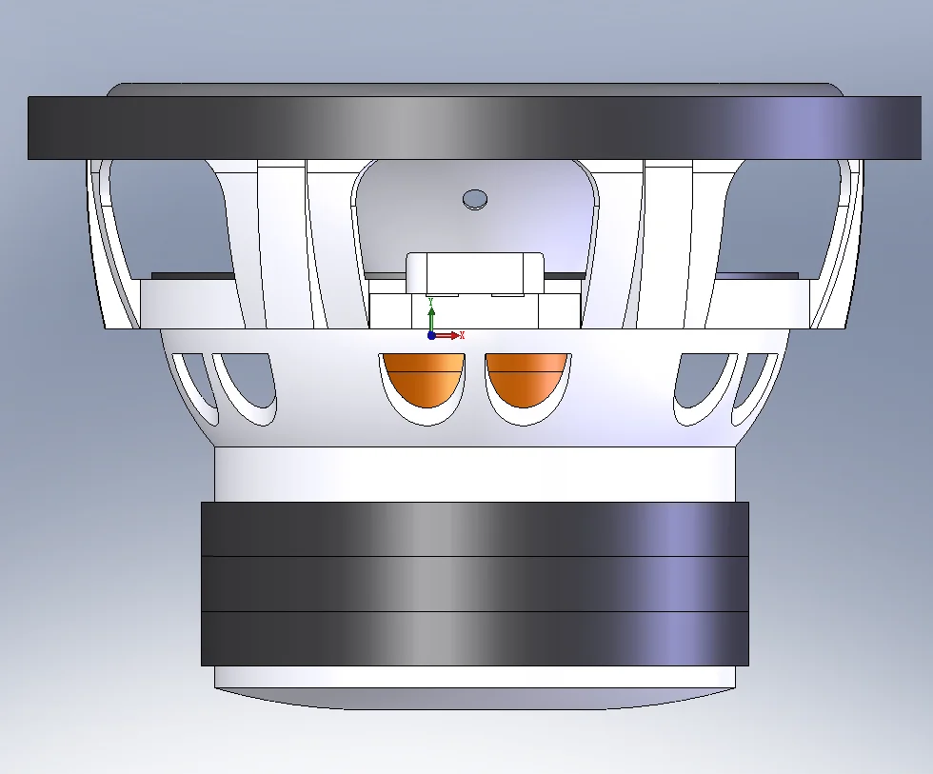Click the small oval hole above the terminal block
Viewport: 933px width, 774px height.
point(474,198)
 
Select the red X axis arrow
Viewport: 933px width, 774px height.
point(454,335)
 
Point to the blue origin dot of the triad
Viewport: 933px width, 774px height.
point(431,335)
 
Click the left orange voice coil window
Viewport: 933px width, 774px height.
point(423,380)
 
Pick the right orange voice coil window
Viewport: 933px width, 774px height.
point(527,380)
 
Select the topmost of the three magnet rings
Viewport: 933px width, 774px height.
point(474,528)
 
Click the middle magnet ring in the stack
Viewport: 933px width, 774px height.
point(474,583)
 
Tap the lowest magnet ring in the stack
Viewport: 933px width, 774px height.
point(474,638)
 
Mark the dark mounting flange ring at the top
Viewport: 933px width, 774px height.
point(474,127)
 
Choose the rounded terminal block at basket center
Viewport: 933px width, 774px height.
point(475,272)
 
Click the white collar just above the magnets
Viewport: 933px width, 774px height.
point(474,473)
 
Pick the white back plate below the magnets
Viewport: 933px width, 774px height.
point(474,676)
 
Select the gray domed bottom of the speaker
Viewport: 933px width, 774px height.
point(474,699)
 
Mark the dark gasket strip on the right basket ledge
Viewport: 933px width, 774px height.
point(757,275)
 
